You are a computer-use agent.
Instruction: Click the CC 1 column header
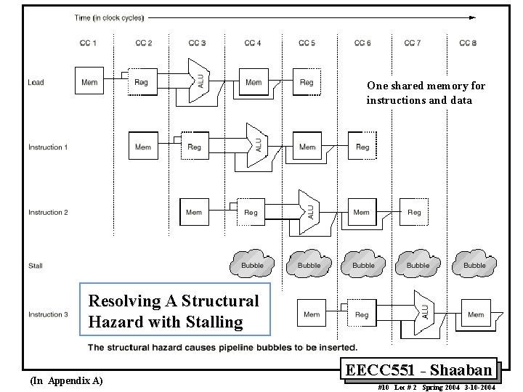point(88,44)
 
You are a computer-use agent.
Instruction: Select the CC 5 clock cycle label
point(307,44)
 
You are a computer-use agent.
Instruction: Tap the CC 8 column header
point(468,44)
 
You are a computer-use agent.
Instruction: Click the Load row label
point(36,82)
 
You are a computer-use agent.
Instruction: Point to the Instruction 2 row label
point(48,213)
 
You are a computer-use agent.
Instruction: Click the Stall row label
point(36,266)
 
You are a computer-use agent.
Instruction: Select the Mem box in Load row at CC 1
point(89,81)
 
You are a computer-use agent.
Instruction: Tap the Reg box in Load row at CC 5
point(307,81)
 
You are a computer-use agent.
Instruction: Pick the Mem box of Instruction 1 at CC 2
point(143,147)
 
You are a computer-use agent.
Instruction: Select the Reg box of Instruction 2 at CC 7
point(414,212)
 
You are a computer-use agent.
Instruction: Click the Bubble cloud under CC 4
point(253,264)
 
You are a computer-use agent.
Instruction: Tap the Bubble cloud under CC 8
point(474,264)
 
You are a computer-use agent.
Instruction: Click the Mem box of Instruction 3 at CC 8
point(476,314)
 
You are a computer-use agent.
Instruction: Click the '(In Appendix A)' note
point(67,381)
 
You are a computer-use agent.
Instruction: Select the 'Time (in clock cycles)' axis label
point(109,17)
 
